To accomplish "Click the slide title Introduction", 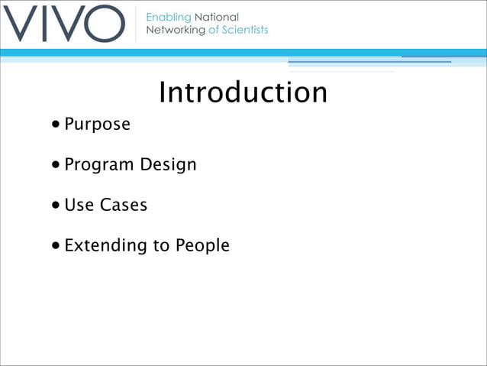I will pyautogui.click(x=243, y=92).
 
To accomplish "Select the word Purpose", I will pyautogui.click(x=97, y=124).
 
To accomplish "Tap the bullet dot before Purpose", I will pyautogui.click(x=57, y=124).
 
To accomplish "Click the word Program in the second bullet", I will pyautogui.click(x=97, y=165).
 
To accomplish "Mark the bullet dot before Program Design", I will pyautogui.click(x=57, y=165).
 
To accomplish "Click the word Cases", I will pyautogui.click(x=124, y=206).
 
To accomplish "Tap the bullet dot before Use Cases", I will pyautogui.click(x=57, y=206).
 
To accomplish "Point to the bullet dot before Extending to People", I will pyautogui.click(x=57, y=246).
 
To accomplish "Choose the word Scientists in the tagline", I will pyautogui.click(x=243, y=30).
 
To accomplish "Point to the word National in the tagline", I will pyautogui.click(x=217, y=17).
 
